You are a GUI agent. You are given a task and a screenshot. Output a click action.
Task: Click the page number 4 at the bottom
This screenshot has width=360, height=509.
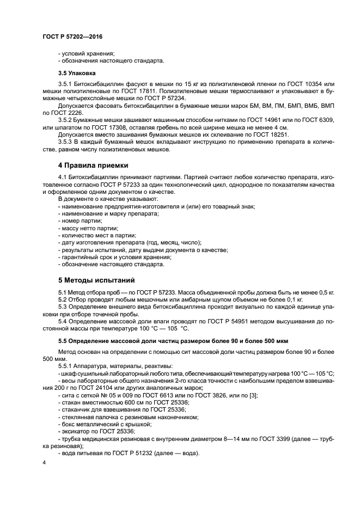(x=45, y=463)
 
